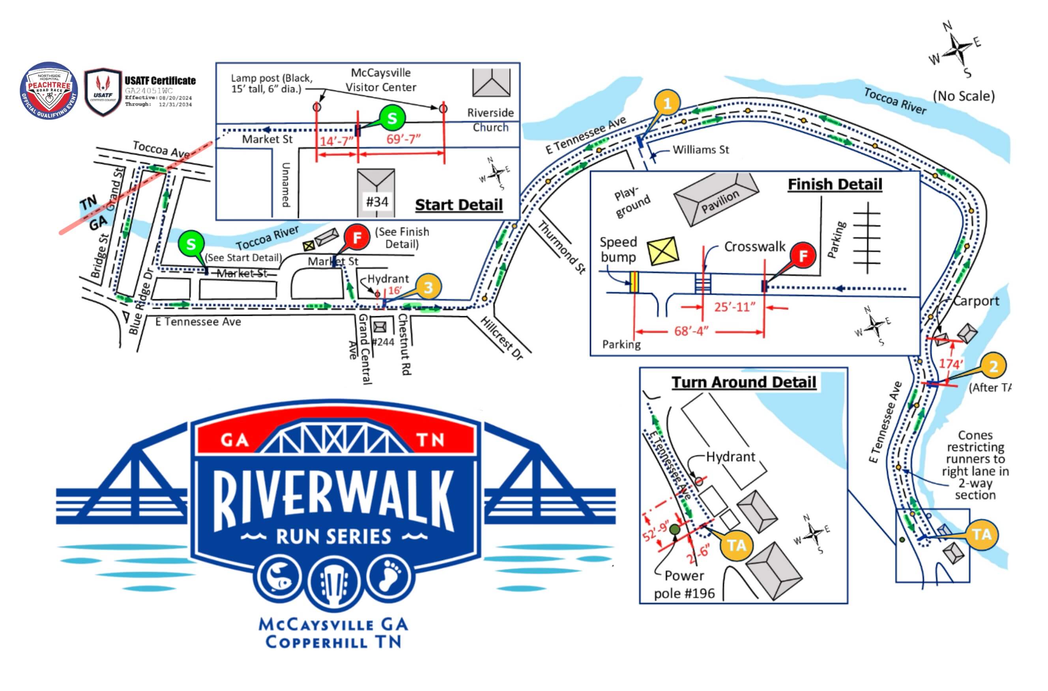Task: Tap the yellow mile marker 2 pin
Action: [993, 366]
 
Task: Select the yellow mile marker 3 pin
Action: [428, 288]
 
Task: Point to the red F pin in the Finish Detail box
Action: [803, 256]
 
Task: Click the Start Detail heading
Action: [458, 205]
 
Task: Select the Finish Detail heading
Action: [835, 184]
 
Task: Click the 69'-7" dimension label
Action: [403, 139]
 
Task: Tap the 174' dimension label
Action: [951, 364]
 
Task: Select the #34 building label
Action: [377, 202]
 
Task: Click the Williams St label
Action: [701, 150]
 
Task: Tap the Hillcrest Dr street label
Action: [502, 338]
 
